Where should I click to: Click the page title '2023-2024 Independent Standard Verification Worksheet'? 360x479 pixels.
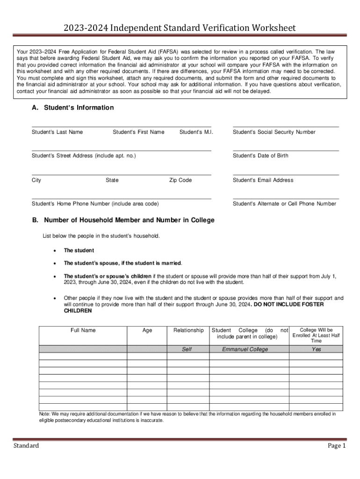point(180,29)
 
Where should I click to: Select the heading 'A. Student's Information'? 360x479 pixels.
point(72,108)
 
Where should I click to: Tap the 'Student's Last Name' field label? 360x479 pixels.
point(57,132)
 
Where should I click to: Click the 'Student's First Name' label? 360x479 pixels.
point(138,132)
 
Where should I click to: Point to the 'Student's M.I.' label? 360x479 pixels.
point(196,132)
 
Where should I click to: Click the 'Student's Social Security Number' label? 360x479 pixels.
point(274,132)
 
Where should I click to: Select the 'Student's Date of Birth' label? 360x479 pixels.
point(260,156)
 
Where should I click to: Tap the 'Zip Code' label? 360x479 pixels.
point(180,180)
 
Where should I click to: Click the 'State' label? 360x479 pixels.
point(112,180)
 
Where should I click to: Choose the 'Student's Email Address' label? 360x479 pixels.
point(263,180)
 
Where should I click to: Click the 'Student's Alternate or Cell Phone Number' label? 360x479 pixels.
point(284,203)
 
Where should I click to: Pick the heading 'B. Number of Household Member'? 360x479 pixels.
point(123,220)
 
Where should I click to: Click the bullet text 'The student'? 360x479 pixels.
point(79,250)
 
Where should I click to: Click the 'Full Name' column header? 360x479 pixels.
point(83,330)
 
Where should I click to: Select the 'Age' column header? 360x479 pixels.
point(147,330)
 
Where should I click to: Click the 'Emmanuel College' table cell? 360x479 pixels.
point(245,349)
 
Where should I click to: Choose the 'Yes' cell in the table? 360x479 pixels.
point(317,349)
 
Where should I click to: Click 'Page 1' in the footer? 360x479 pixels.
point(336,446)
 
